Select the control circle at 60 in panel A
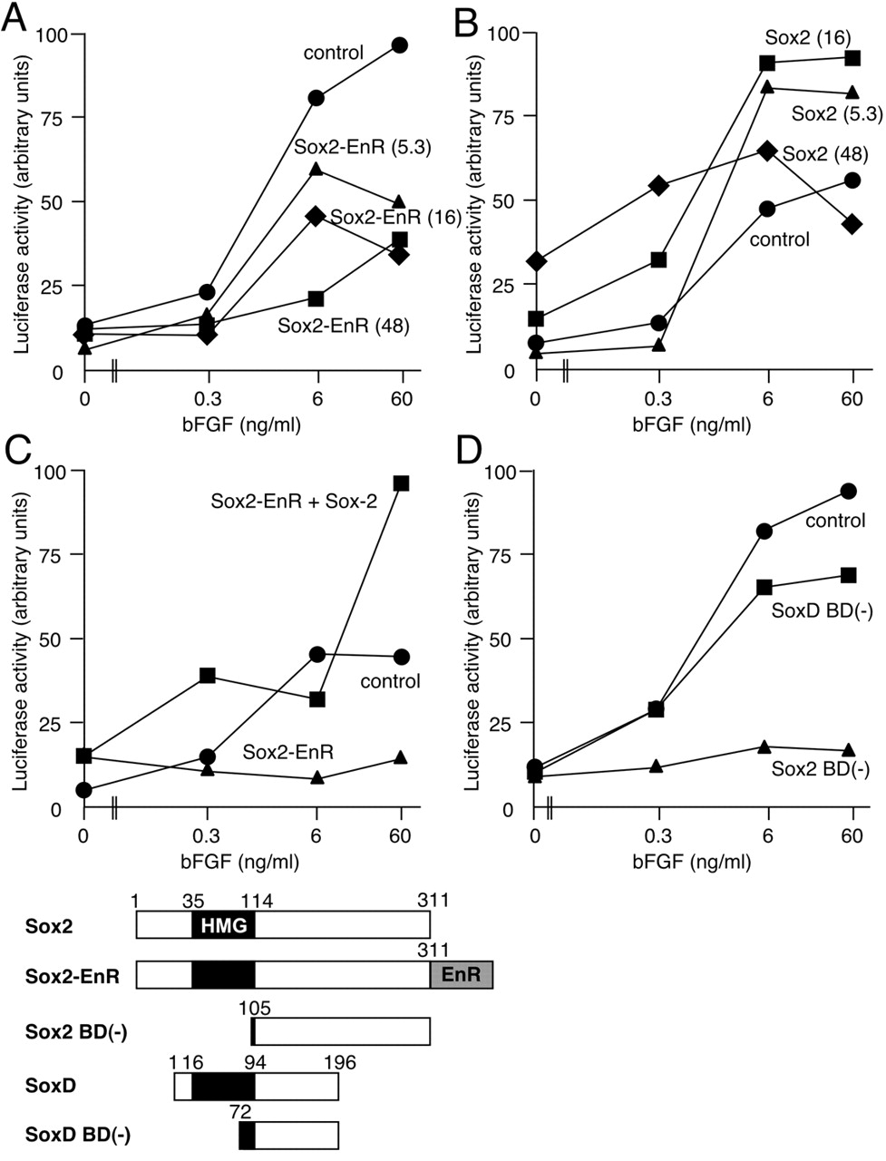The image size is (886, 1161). [x=399, y=45]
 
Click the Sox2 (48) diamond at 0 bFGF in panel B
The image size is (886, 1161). [x=536, y=261]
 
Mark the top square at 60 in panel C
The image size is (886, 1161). [x=401, y=483]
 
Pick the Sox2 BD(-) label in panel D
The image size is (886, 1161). [x=820, y=770]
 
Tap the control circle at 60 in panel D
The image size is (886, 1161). [x=849, y=491]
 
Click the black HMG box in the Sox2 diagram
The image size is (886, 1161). [x=223, y=924]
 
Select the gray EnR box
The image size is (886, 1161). [x=461, y=975]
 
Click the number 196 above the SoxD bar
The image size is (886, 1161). [x=337, y=1063]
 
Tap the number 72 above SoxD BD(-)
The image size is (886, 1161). [x=240, y=1111]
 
